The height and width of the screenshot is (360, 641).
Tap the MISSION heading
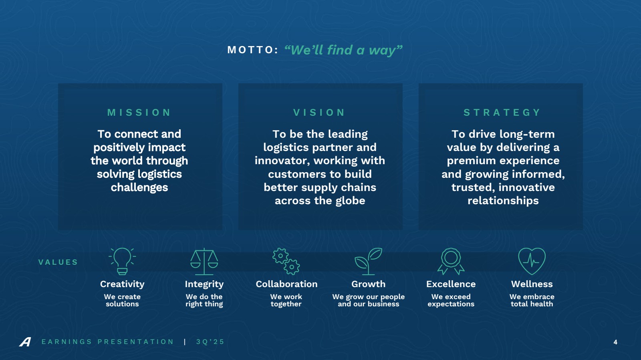pos(139,113)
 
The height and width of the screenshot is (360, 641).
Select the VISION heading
pos(319,113)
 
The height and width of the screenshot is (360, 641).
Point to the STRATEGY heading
pos(502,113)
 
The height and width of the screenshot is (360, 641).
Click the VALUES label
pos(58,262)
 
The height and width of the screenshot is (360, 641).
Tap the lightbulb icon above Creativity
pos(122,261)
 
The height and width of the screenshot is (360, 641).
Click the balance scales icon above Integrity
pos(204,261)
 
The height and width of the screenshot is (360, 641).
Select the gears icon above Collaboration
pos(286,261)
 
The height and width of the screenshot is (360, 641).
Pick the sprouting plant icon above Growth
pos(368,261)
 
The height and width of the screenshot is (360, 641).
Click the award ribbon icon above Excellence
pos(451,261)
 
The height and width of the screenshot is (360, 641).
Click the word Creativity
pos(122,284)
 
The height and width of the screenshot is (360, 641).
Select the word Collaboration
pos(286,284)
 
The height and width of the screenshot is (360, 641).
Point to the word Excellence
pos(451,284)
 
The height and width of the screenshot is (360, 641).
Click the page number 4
pos(615,342)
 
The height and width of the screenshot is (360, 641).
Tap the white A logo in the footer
pos(25,342)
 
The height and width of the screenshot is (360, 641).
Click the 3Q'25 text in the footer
pos(210,342)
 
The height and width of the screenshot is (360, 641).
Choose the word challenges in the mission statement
pos(139,188)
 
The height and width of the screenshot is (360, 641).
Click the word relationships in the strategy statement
pos(503,201)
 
